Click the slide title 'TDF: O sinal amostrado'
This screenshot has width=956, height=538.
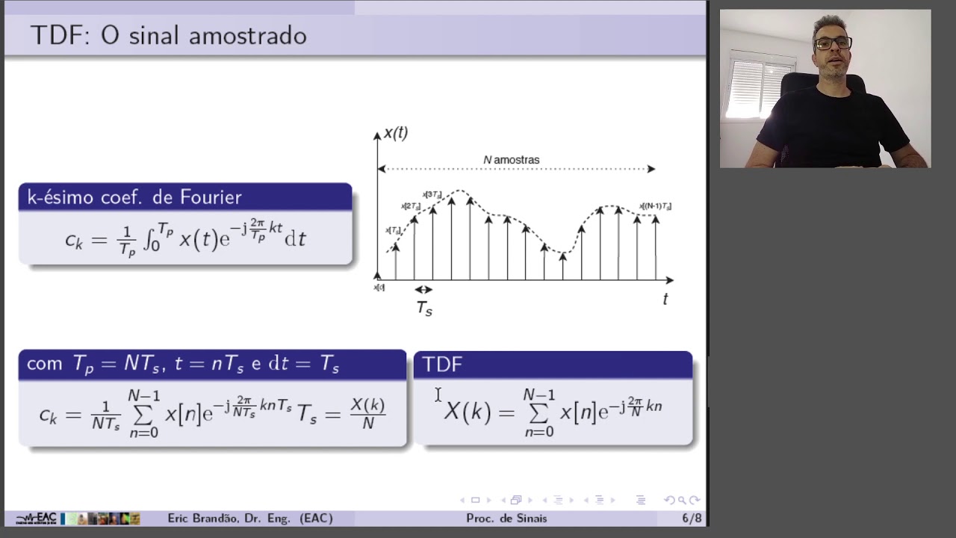click(168, 36)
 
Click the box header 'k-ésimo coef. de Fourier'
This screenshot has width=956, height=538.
click(134, 197)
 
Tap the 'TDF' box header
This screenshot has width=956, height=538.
click(442, 364)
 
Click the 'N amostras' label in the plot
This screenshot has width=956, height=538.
click(511, 160)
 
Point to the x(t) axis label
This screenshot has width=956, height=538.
click(395, 134)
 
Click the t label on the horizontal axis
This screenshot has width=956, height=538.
click(665, 299)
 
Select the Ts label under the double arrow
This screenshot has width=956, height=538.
click(424, 308)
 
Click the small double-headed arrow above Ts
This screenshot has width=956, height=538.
click(423, 289)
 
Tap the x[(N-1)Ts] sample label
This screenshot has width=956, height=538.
click(655, 206)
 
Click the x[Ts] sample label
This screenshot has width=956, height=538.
click(393, 230)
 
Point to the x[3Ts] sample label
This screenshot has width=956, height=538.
click(432, 195)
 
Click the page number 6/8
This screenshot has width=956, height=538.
click(691, 518)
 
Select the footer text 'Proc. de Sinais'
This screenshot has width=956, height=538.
click(506, 518)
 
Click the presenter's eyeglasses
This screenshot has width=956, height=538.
click(833, 43)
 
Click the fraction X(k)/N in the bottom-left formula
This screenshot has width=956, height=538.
click(367, 413)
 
